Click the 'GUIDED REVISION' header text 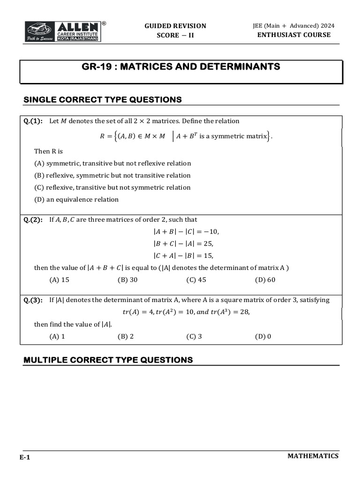(x=175, y=26)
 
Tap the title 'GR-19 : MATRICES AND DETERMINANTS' (x=180, y=67)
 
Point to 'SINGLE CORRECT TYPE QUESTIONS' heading (x=103, y=99)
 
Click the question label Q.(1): (x=33, y=121)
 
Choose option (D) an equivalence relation (x=76, y=199)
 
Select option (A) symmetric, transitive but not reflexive (x=112, y=163)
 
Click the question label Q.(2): (x=33, y=219)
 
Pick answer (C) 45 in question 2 (x=196, y=280)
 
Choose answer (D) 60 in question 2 (x=265, y=280)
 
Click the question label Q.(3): (x=33, y=300)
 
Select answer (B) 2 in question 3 (x=126, y=336)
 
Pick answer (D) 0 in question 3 (x=263, y=336)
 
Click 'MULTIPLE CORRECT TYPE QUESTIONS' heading (x=108, y=360)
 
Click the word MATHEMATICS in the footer (x=313, y=456)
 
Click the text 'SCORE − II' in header (x=175, y=36)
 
